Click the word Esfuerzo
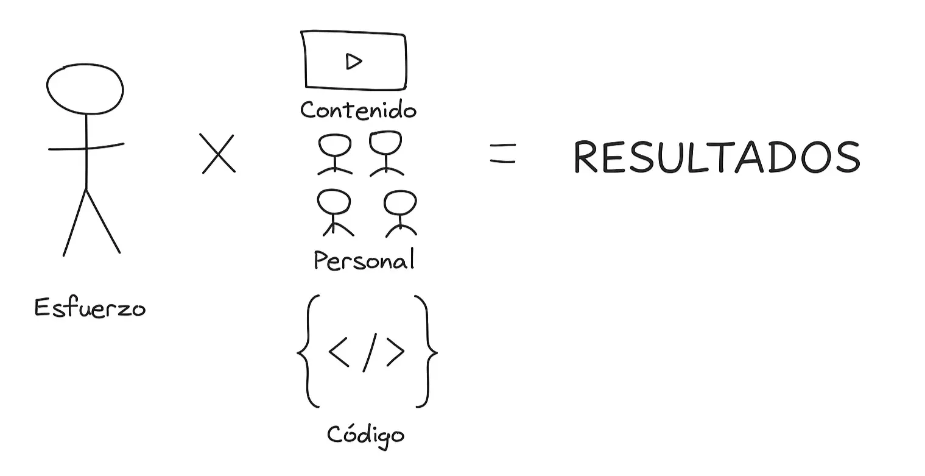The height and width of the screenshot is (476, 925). (90, 308)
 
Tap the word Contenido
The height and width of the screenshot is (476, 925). (358, 109)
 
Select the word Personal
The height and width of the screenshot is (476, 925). (364, 260)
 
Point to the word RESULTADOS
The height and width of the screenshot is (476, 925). (717, 157)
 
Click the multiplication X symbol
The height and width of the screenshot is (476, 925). (217, 154)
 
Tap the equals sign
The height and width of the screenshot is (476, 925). (503, 154)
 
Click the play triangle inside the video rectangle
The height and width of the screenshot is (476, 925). (353, 62)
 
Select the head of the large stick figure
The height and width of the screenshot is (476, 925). (85, 89)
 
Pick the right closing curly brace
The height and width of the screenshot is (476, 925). (427, 351)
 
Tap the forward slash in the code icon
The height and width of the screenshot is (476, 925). (370, 352)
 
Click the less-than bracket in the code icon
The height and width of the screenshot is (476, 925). (339, 352)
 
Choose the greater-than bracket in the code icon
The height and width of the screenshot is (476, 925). (396, 352)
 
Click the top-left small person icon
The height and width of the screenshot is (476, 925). (335, 154)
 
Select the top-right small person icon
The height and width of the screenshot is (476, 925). (386, 154)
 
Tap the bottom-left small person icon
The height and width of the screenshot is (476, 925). (335, 213)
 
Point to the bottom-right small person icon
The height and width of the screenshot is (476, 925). (401, 214)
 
